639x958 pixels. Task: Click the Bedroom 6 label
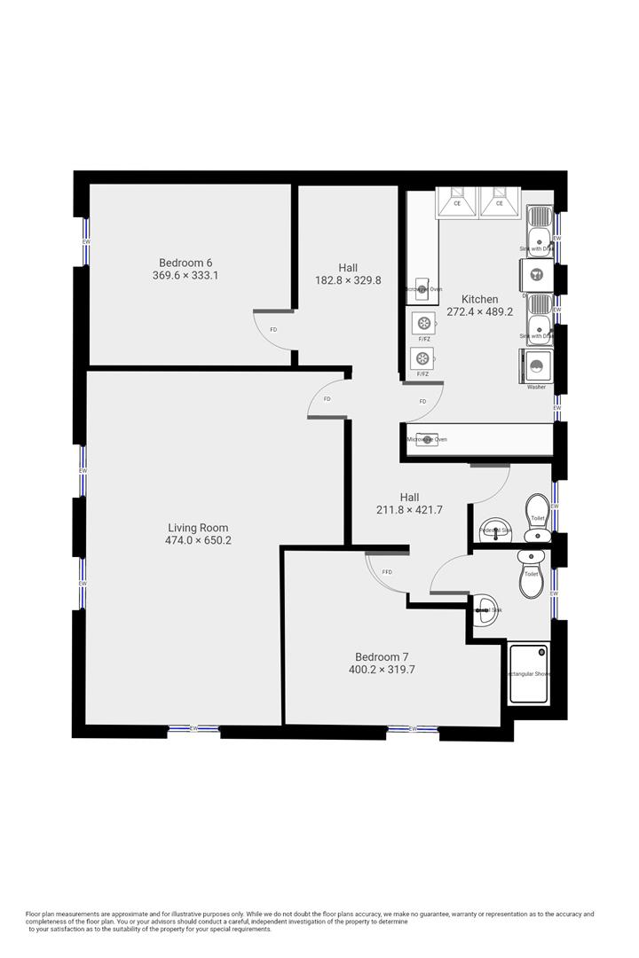pos(185,263)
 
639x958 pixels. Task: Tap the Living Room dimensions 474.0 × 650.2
pos(198,540)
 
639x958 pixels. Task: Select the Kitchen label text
pos(479,299)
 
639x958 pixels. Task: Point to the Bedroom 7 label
pos(382,657)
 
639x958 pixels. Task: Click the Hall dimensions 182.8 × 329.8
pos(348,280)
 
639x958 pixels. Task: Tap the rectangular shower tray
pos(529,674)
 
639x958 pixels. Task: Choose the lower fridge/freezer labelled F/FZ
pos(423,358)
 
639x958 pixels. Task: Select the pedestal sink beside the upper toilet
pos(493,530)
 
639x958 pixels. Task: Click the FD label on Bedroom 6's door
pos(273,330)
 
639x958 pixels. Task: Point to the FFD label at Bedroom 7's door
pos(387,572)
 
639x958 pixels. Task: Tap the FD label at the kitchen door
pos(422,402)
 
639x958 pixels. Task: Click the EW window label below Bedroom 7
pos(413,729)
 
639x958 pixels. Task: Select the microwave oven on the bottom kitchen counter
pos(426,440)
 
